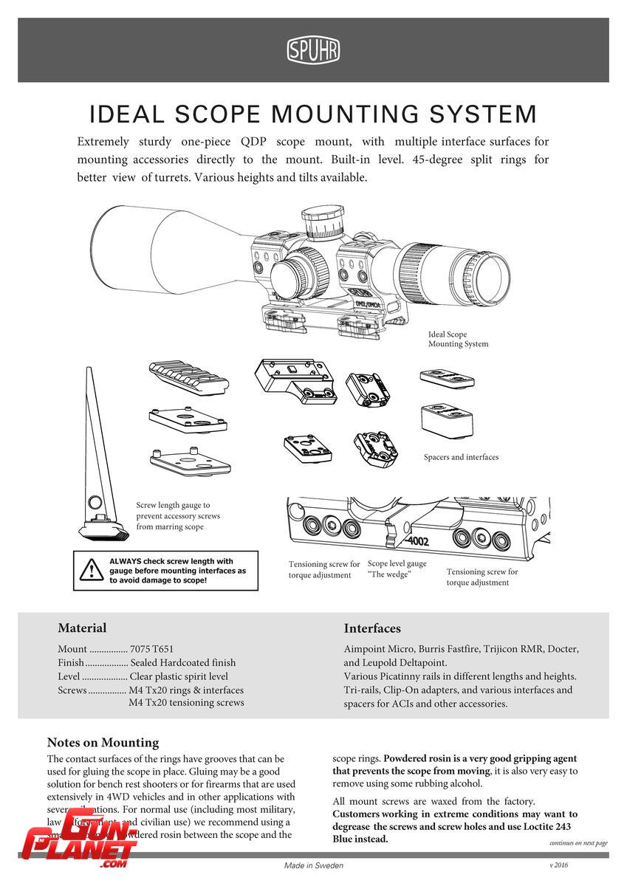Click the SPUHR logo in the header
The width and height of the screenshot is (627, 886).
pyautogui.click(x=313, y=50)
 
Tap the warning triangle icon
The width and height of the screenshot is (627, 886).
pyautogui.click(x=92, y=570)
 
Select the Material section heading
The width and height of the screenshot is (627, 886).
pyautogui.click(x=82, y=628)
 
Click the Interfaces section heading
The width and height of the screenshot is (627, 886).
pyautogui.click(x=372, y=628)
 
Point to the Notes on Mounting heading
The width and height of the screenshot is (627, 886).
pyautogui.click(x=103, y=742)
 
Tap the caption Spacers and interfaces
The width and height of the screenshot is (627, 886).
pyautogui.click(x=461, y=457)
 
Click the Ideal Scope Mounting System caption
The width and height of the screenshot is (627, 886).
pyautogui.click(x=458, y=339)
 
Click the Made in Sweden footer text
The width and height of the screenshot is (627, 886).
pyautogui.click(x=314, y=865)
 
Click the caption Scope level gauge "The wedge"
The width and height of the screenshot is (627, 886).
pyautogui.click(x=397, y=569)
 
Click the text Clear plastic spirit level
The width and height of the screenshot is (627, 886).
pyautogui.click(x=179, y=676)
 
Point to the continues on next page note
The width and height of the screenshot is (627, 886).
pyautogui.click(x=578, y=842)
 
